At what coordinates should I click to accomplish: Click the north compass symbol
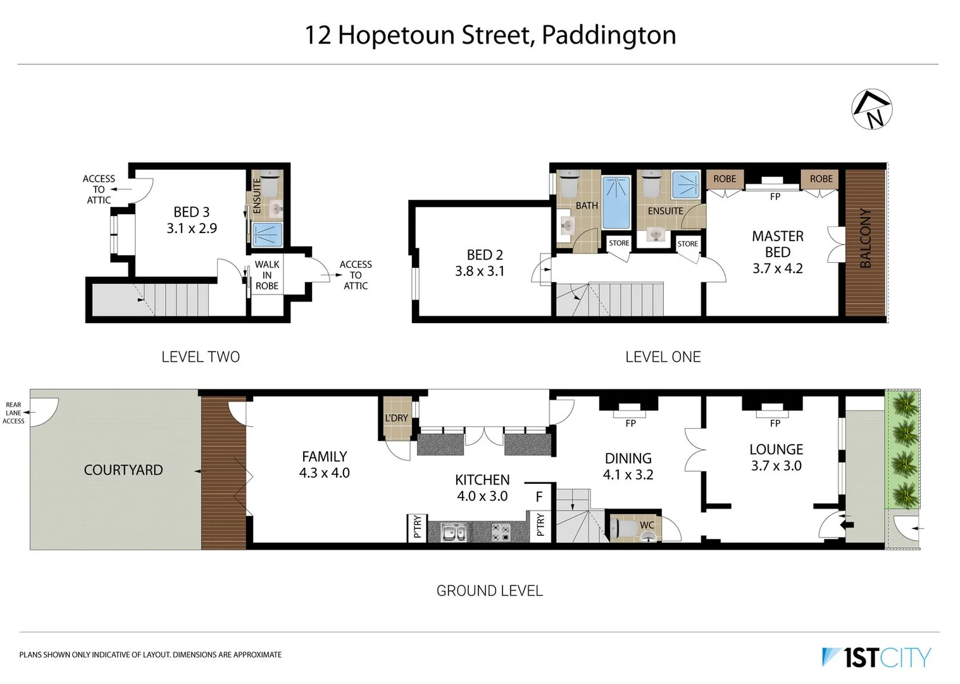click(x=871, y=110)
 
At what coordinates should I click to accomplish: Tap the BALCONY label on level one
click(x=866, y=238)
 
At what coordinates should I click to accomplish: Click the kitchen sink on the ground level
click(x=453, y=532)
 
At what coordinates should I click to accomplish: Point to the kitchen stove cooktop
click(x=501, y=532)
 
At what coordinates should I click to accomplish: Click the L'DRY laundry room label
click(x=396, y=418)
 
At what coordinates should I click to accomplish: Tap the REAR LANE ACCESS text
click(x=13, y=413)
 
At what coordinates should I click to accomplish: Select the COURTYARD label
click(x=123, y=470)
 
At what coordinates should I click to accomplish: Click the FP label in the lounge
click(x=775, y=423)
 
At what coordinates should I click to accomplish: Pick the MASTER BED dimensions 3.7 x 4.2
click(x=777, y=269)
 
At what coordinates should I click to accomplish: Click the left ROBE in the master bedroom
click(x=725, y=179)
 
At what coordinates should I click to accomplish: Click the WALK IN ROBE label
click(x=267, y=275)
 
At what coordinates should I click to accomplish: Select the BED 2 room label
click(x=485, y=255)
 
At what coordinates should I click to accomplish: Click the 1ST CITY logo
click(x=877, y=657)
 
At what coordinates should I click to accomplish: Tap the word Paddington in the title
click(x=609, y=35)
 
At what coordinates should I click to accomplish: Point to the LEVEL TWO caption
click(x=201, y=357)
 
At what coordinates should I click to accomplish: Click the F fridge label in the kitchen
click(x=539, y=497)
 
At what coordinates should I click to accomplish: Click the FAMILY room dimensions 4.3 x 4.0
click(x=324, y=473)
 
